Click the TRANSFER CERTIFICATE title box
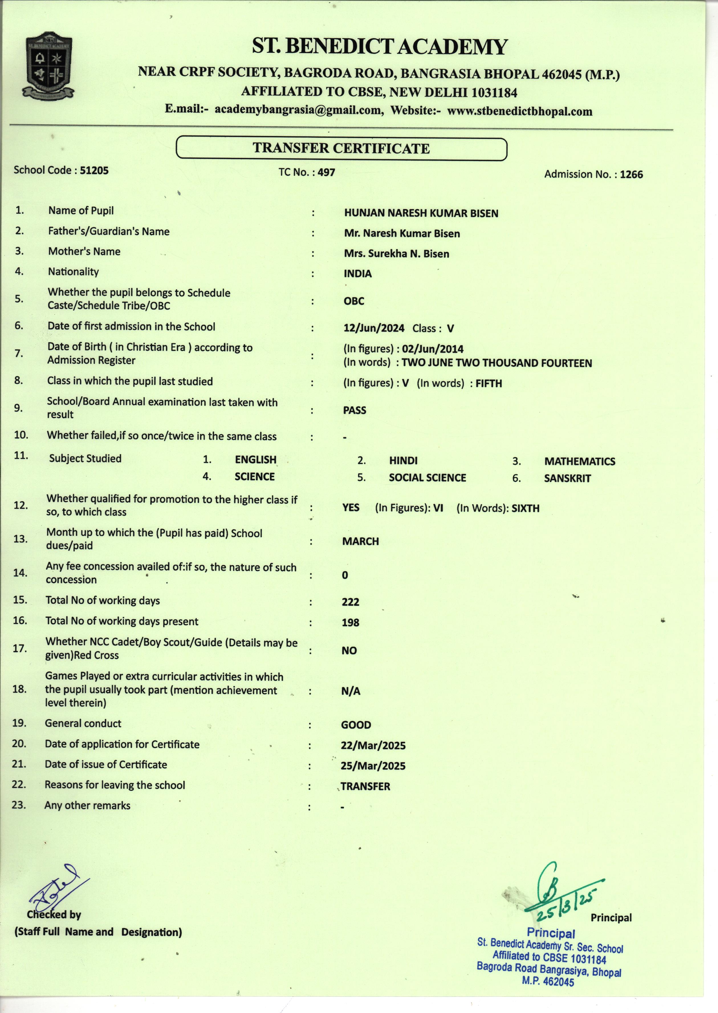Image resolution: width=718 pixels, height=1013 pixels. (341, 148)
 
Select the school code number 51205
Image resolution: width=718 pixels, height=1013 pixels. (94, 170)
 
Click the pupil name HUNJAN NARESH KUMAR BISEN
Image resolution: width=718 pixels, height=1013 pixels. (421, 213)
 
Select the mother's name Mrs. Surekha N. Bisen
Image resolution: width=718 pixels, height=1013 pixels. (396, 254)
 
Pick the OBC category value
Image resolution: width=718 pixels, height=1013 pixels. (354, 301)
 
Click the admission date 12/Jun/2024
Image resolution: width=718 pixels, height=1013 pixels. (374, 328)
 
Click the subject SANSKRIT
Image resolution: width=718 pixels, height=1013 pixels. (567, 478)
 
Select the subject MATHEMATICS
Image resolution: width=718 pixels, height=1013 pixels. (580, 461)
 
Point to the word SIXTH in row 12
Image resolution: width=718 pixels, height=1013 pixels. (525, 508)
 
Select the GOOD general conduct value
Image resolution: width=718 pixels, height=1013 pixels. (356, 725)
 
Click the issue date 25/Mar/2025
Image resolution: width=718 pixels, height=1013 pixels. (373, 766)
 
